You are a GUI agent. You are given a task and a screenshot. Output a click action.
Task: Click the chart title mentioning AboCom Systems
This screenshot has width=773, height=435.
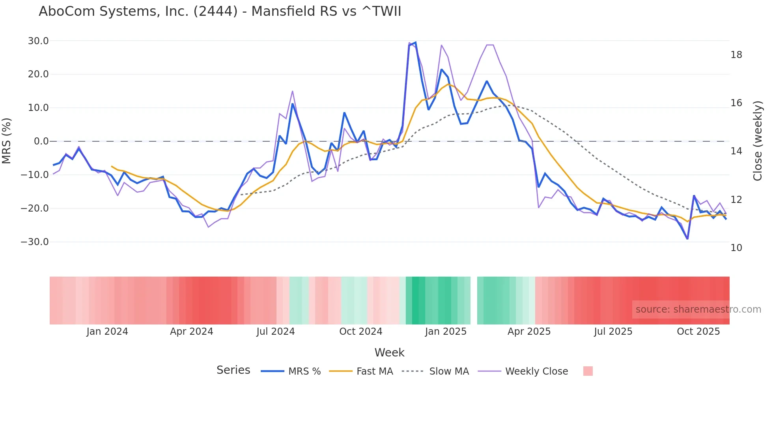pos(220,11)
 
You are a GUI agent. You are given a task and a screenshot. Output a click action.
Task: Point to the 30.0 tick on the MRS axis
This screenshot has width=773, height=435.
pos(38,41)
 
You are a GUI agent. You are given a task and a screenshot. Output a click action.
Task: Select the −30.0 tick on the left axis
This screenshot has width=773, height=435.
pos(35,242)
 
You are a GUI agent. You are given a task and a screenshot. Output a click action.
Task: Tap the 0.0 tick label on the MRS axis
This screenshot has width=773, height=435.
pos(41,141)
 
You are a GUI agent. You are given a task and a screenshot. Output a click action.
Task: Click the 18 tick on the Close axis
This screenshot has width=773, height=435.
pos(736,55)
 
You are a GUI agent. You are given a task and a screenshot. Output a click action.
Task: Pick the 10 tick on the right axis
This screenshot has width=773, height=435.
pos(736,248)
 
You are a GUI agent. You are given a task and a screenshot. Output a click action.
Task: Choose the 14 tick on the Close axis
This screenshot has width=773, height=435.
pos(736,151)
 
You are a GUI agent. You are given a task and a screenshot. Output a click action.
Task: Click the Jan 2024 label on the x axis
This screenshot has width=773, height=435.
pos(107,332)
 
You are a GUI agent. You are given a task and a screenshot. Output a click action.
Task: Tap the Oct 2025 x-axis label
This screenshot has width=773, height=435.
pos(698,332)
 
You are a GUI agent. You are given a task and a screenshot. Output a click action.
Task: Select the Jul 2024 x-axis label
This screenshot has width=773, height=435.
pos(276,332)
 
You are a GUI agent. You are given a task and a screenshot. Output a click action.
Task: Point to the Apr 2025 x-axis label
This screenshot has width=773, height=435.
pos(529,332)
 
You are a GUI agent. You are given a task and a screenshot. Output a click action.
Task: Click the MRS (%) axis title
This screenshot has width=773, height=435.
pos(7,141)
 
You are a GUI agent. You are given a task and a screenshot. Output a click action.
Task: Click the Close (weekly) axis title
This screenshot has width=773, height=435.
pos(757,141)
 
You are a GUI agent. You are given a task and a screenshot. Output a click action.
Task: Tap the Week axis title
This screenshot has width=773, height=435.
pos(389,352)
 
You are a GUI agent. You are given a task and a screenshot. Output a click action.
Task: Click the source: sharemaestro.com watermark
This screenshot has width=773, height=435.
pos(698,309)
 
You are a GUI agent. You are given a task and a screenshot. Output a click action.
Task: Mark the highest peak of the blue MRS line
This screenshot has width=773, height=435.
pos(416,43)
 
